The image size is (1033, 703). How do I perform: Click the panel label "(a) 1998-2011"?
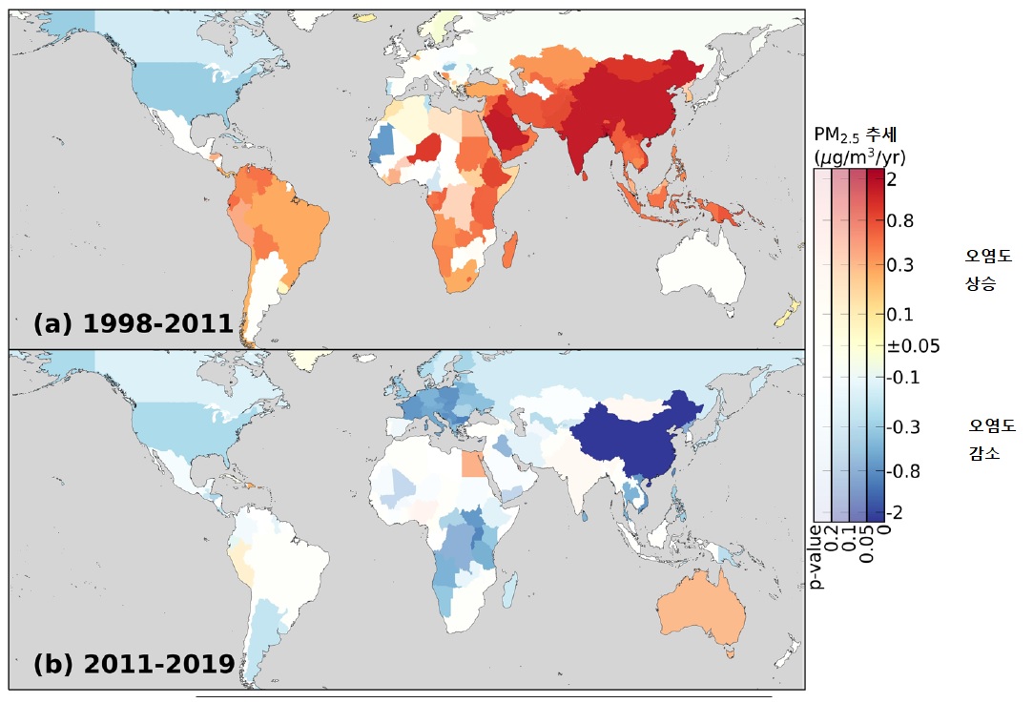tap(133, 323)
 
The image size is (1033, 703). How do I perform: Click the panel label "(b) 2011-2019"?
tap(134, 663)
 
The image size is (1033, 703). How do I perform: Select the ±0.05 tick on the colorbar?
tap(913, 346)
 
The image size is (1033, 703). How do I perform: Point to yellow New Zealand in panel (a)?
tap(788, 312)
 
